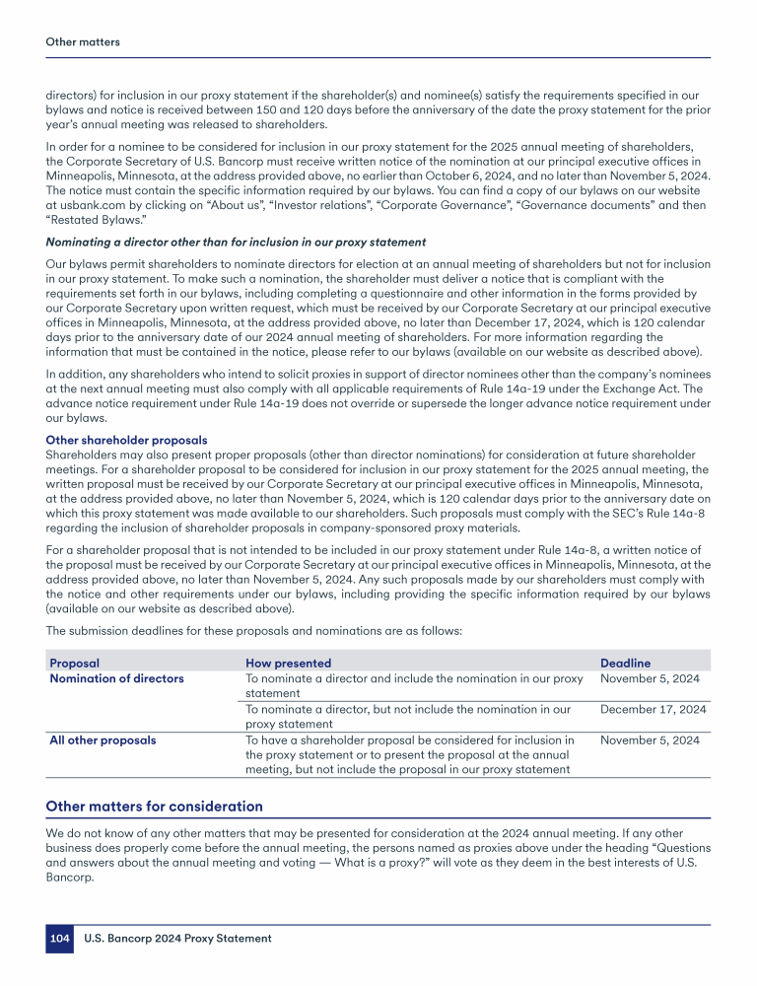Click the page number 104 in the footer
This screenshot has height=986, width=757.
[59, 939]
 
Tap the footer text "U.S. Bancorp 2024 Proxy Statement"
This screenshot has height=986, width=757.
[177, 939]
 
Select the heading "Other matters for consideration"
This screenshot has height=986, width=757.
[155, 807]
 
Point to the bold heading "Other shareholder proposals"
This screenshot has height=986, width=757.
[127, 440]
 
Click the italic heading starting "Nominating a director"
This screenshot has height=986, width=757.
[236, 243]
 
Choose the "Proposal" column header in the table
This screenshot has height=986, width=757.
[74, 664]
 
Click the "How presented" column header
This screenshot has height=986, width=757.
[288, 664]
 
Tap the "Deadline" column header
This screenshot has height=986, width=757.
[625, 664]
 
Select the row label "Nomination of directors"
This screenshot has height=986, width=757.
[116, 678]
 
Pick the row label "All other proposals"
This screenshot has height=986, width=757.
[103, 739]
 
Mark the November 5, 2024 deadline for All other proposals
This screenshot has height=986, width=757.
[650, 739]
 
